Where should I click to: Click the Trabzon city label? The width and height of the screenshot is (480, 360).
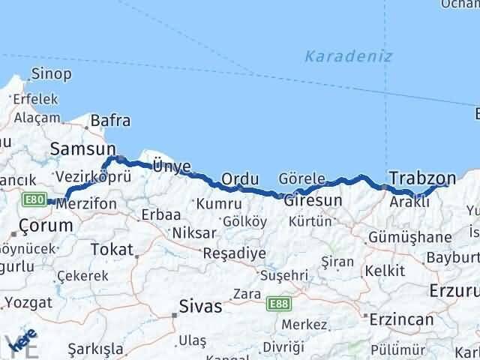pos(422,178)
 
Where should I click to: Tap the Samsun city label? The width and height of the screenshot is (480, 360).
pos(82,149)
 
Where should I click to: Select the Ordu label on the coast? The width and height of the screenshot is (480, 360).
pos(240,179)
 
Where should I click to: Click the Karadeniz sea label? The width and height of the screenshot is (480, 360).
pos(349,56)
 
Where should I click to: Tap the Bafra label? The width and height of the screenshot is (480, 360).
pos(110,120)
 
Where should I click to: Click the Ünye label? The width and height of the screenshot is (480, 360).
pos(171,166)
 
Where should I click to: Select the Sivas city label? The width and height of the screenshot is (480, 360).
pos(201,306)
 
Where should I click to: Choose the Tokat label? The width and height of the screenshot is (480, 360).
pos(111,249)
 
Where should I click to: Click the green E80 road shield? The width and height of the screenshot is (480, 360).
pos(33,199)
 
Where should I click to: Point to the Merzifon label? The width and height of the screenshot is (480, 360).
pos(91,204)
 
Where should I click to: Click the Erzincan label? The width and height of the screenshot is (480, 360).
pos(400,319)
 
